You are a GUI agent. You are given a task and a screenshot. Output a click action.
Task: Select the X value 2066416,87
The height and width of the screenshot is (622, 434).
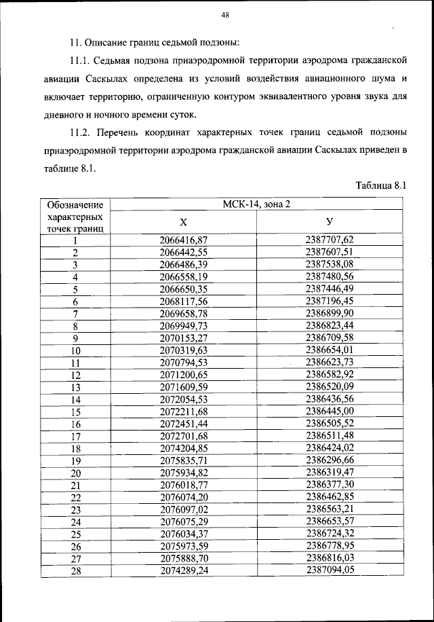(183, 239)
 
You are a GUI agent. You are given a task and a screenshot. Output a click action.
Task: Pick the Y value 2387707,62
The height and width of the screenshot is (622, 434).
(330, 239)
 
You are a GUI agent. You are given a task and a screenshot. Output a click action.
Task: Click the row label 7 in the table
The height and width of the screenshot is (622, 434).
(76, 313)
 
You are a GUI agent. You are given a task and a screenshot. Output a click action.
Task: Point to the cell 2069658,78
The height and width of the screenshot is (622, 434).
(183, 313)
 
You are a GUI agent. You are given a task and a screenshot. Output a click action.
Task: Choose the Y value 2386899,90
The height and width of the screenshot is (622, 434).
(330, 313)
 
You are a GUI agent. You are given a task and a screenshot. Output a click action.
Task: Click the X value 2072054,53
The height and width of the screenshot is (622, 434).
(183, 399)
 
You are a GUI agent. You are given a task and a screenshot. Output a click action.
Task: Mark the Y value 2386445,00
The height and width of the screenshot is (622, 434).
(330, 411)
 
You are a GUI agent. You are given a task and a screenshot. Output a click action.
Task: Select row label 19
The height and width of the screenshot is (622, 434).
(76, 461)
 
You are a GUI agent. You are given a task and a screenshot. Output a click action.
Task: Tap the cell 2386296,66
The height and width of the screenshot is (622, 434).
(330, 461)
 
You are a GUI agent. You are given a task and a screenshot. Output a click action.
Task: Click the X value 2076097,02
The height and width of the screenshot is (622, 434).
(183, 510)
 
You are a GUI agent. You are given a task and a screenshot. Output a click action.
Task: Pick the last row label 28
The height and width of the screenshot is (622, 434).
(76, 572)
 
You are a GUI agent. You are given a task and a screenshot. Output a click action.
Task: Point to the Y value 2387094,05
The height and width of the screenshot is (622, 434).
(330, 572)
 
